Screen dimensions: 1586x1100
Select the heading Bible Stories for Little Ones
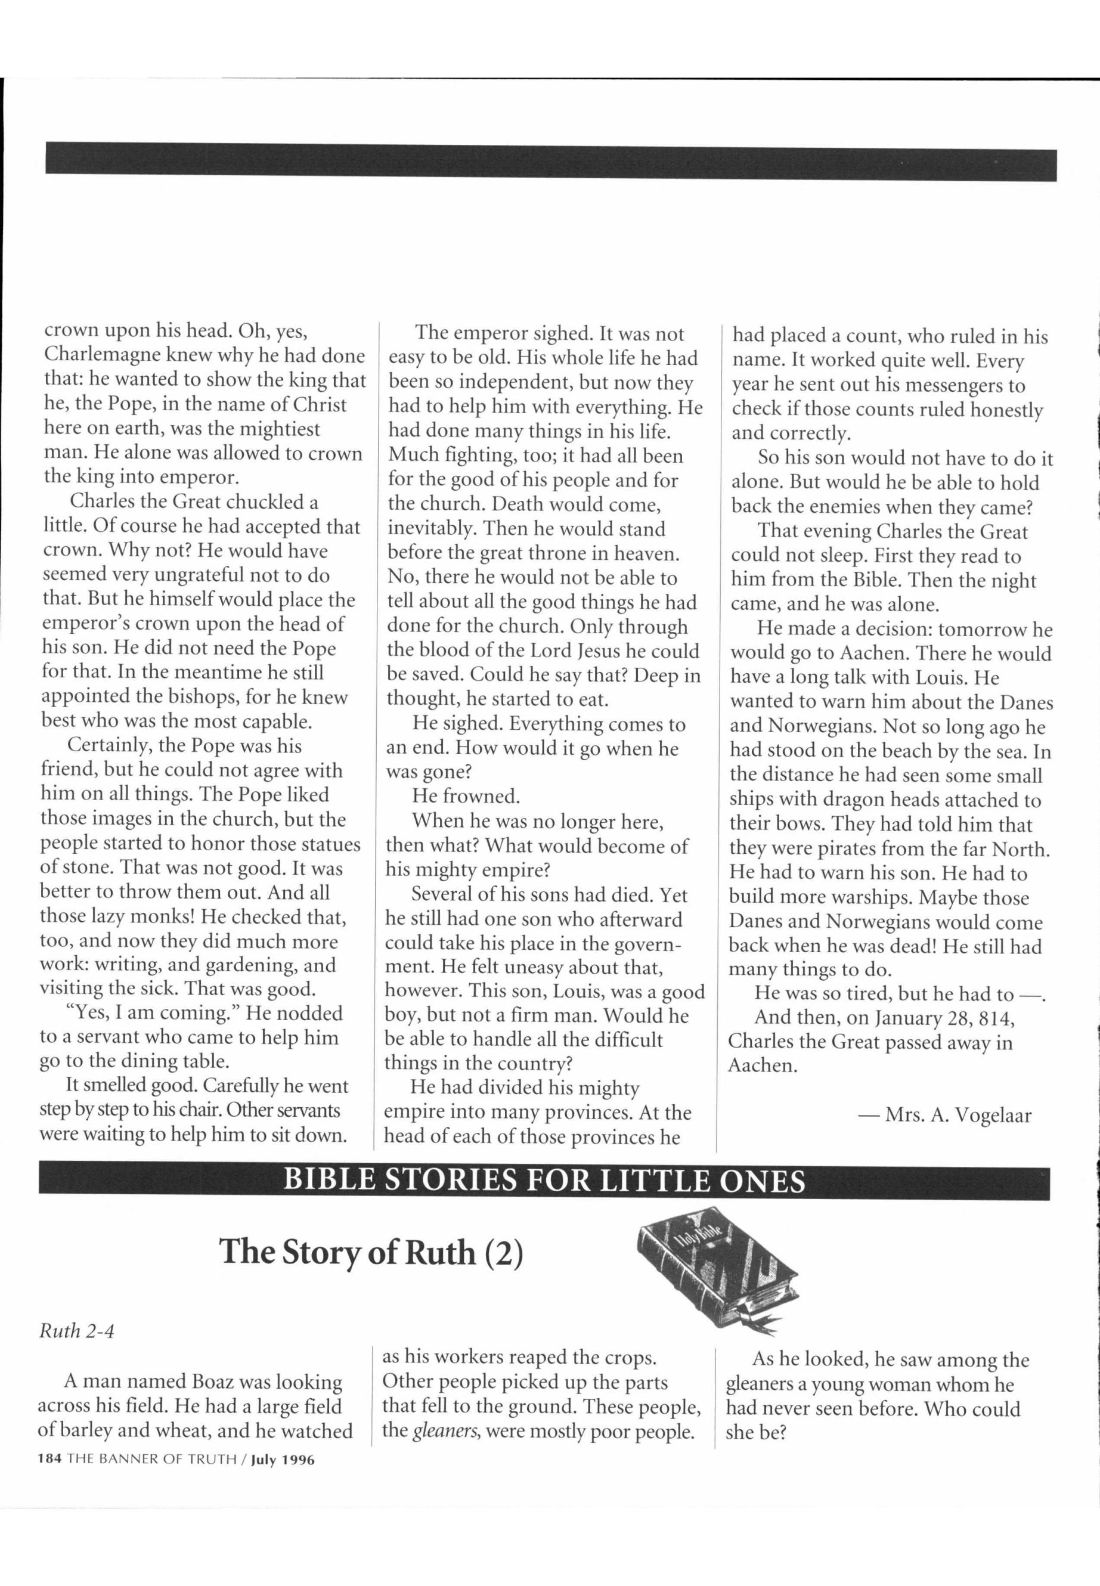tap(544, 1181)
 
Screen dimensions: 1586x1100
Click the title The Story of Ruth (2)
tap(371, 1251)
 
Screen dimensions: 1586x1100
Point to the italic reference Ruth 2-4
tap(76, 1331)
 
